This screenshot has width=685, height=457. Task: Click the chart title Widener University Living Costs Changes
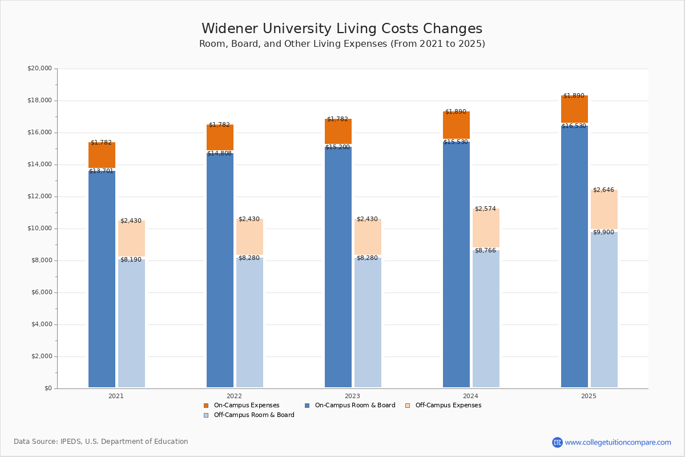point(342,29)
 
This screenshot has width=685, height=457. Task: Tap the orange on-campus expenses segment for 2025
point(574,109)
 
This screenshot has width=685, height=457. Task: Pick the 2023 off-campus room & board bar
point(368,322)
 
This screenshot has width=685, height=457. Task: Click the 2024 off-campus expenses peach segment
point(486,228)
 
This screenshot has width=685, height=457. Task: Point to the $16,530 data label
point(574,126)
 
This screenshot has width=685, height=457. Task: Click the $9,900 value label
point(603,232)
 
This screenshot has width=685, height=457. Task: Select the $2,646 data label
point(603,190)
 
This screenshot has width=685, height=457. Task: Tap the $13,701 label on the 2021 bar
point(101,171)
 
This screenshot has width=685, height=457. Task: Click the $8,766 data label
point(485,251)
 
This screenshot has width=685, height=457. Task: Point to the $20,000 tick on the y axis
point(39,69)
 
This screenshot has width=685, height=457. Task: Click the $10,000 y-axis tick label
point(39,228)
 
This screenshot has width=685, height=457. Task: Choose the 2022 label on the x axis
point(234,396)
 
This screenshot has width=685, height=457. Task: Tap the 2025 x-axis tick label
point(589,396)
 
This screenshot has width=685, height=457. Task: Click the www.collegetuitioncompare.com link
point(618,442)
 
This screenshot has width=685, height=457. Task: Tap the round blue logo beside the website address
point(557,442)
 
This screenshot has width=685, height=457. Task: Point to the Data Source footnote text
point(101,442)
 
